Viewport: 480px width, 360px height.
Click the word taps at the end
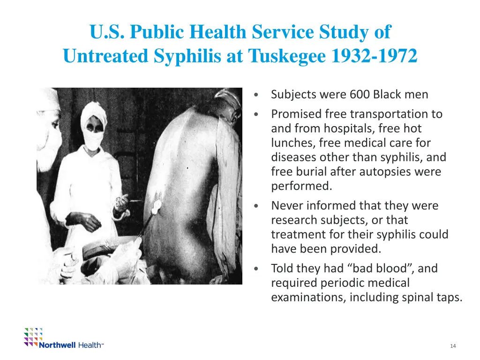(x=447, y=297)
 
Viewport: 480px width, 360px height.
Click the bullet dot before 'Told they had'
(x=255, y=269)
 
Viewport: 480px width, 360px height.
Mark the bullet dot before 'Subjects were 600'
(x=255, y=95)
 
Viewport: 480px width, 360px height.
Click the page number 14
(x=453, y=346)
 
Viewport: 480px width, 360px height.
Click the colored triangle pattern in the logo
(x=33, y=336)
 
